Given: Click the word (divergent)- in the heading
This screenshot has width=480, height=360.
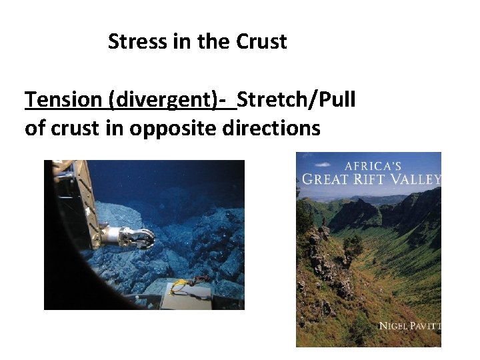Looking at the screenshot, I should [x=169, y=101].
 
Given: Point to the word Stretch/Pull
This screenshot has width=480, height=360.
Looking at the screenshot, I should [x=297, y=100].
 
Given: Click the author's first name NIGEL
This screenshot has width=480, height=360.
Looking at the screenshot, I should [x=394, y=327].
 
